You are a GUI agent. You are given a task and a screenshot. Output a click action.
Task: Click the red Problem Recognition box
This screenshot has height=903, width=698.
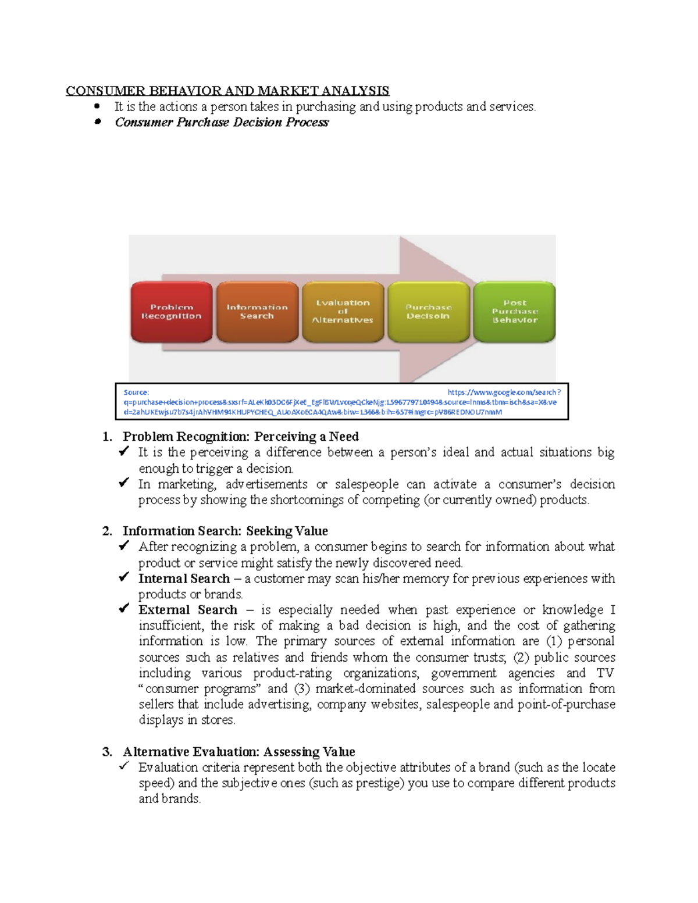171,312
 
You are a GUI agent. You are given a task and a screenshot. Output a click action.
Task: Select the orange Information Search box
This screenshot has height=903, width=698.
257,312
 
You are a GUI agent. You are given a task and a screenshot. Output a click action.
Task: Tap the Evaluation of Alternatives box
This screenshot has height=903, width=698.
343,312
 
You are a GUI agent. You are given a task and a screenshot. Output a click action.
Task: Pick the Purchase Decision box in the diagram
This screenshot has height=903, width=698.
428,312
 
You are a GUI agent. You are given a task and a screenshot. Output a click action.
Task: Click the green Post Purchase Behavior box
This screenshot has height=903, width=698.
514,312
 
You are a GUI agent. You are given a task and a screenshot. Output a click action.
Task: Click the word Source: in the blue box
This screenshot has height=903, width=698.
136,392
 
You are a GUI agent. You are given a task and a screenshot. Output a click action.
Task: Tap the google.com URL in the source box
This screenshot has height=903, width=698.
504,392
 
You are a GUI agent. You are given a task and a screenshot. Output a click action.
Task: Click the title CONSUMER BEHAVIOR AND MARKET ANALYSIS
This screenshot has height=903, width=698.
227,91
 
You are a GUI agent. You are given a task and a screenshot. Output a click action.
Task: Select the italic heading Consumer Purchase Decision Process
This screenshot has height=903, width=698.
222,122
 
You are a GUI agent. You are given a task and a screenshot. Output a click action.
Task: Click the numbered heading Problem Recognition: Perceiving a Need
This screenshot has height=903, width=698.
241,437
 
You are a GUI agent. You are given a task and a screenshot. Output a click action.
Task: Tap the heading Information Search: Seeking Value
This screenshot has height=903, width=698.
225,531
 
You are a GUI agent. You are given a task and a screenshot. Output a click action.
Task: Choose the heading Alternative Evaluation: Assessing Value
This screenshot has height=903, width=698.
238,752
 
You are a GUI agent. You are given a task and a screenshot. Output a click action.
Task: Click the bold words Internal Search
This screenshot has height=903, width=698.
184,579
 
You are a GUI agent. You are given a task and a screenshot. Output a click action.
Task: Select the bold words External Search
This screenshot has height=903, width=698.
187,610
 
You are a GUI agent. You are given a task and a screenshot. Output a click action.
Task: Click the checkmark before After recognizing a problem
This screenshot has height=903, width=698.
123,546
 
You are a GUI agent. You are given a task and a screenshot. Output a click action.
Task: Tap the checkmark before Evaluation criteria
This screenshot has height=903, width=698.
123,766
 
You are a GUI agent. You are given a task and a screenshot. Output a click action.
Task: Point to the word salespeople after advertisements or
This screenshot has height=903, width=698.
366,484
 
